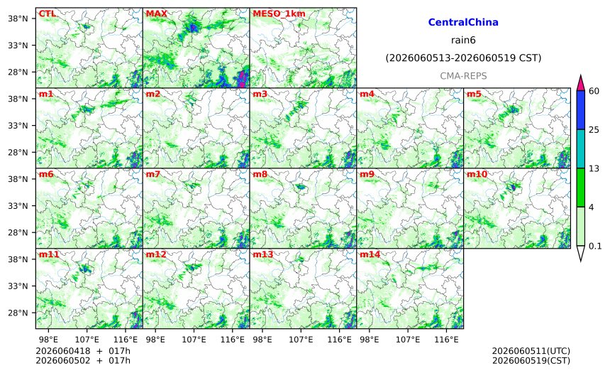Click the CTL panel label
pyautogui.click(x=47, y=14)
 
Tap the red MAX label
pyautogui.click(x=156, y=14)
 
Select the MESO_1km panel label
pyautogui.click(x=279, y=14)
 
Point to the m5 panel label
pyautogui.click(x=474, y=94)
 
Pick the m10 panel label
pyautogui.click(x=477, y=174)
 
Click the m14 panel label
pyautogui.click(x=370, y=254)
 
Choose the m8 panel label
pyautogui.click(x=260, y=174)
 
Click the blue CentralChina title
pyautogui.click(x=463, y=22)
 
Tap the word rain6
pyautogui.click(x=463, y=40)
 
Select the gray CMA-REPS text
pyautogui.click(x=463, y=76)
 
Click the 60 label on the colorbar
pyautogui.click(x=594, y=91)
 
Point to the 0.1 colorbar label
pyautogui.click(x=595, y=246)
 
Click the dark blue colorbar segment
pyautogui.click(x=580, y=110)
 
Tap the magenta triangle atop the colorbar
pyautogui.click(x=580, y=84)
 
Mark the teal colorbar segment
pyautogui.click(x=580, y=148)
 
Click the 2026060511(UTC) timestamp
pyautogui.click(x=531, y=351)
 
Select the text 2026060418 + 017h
pyautogui.click(x=83, y=351)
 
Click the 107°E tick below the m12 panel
pyautogui.click(x=194, y=340)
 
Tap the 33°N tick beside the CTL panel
pyautogui.click(x=18, y=45)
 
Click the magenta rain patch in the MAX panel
pyautogui.click(x=243, y=78)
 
